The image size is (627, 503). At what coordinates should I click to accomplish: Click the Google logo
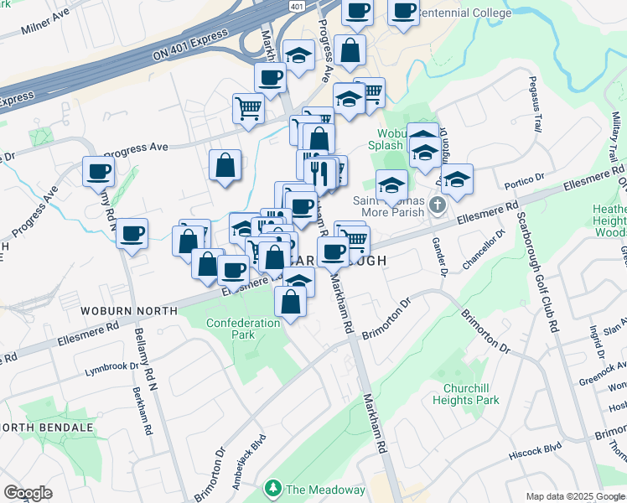[28, 493]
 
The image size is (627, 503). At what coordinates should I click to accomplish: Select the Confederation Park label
[243, 329]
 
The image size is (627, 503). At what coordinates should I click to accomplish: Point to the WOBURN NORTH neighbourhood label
[129, 311]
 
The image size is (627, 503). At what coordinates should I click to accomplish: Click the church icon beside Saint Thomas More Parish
[436, 205]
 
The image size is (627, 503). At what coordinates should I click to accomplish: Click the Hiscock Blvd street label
[535, 452]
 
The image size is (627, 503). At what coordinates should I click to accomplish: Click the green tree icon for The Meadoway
[272, 488]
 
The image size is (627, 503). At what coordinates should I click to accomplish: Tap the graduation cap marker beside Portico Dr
[457, 179]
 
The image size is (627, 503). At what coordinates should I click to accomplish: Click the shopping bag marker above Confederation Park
[290, 303]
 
